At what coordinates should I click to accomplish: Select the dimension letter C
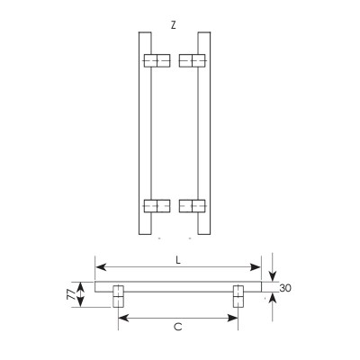click(x=177, y=327)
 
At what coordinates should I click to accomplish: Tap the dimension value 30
click(x=285, y=289)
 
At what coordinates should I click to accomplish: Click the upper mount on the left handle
click(x=157, y=60)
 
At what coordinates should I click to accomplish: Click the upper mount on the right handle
click(x=193, y=60)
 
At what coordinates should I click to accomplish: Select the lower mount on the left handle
click(x=157, y=205)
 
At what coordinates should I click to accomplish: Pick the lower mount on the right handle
click(x=193, y=205)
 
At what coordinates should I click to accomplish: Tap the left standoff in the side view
click(x=118, y=296)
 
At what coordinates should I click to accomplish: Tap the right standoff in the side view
click(x=238, y=296)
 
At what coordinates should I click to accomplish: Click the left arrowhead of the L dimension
click(x=99, y=267)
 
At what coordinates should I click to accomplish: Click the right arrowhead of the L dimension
click(x=257, y=267)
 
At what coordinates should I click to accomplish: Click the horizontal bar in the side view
click(x=178, y=286)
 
